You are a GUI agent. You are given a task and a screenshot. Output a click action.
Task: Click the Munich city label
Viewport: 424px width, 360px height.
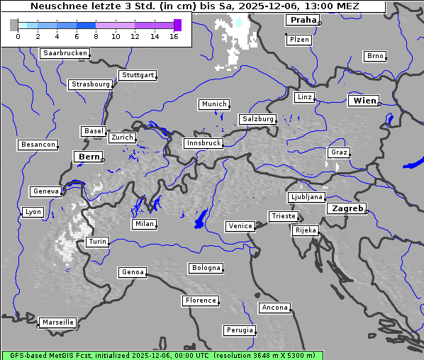coord(214,104)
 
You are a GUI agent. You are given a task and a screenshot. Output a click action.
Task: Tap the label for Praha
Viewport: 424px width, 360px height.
coord(303,21)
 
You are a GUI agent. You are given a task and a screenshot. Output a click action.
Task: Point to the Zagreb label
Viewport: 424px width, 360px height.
coord(347,209)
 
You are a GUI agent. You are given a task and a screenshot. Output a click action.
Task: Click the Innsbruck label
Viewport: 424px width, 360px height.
coord(203,144)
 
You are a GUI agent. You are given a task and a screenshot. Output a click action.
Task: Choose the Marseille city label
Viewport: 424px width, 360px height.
coord(58,322)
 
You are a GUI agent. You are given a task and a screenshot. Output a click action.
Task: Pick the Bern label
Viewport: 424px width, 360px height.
coord(89,157)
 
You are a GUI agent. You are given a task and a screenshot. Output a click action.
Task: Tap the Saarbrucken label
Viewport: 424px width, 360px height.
coord(65,53)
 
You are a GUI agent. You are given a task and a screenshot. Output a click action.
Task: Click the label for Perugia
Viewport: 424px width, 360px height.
coord(240,330)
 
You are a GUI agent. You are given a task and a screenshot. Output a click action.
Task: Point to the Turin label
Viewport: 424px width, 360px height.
coord(98,242)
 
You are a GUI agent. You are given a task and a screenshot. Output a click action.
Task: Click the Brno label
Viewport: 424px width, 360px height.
coord(375,56)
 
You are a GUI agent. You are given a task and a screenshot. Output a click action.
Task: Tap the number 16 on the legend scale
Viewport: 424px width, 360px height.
coord(174,36)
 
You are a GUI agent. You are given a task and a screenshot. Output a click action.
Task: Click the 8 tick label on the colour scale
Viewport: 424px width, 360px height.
coord(96,36)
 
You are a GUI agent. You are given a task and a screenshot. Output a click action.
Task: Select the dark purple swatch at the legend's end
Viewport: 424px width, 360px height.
coord(177,25)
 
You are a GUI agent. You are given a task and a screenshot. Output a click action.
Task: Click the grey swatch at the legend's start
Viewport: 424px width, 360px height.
coord(14,25)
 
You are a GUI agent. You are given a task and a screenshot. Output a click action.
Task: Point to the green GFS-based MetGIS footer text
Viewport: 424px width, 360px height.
coord(162,355)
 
